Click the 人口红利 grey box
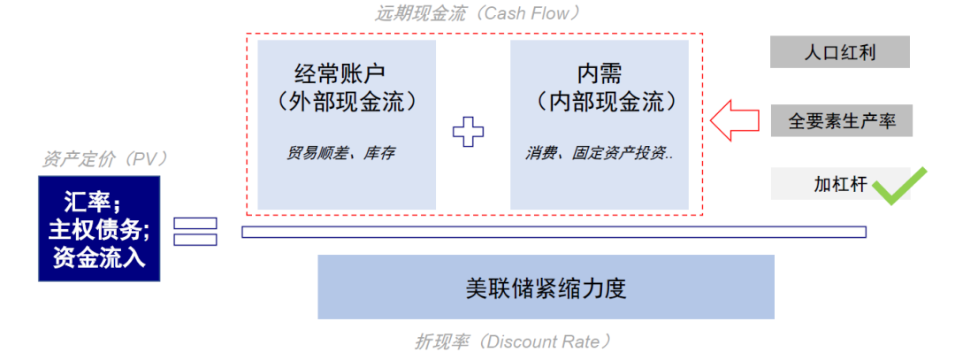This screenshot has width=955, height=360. pos(840,52)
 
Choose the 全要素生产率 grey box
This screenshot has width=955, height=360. pos(840,120)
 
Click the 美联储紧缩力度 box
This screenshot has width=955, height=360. pos(546,287)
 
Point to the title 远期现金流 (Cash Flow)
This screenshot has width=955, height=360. pos(477,13)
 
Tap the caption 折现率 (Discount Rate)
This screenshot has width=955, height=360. pos(513,341)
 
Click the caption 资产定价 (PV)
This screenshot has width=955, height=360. pos(104,159)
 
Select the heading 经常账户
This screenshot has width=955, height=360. pos(340,73)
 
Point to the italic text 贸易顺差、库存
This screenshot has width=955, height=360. pos(340,153)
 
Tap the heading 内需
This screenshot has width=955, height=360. pos(600,73)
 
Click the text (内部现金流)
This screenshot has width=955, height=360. pos(600,102)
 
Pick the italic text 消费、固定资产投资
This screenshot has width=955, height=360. pos(599,153)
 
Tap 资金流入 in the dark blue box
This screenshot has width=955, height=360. pos(99,258)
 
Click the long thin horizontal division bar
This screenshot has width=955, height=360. pos(554,232)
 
